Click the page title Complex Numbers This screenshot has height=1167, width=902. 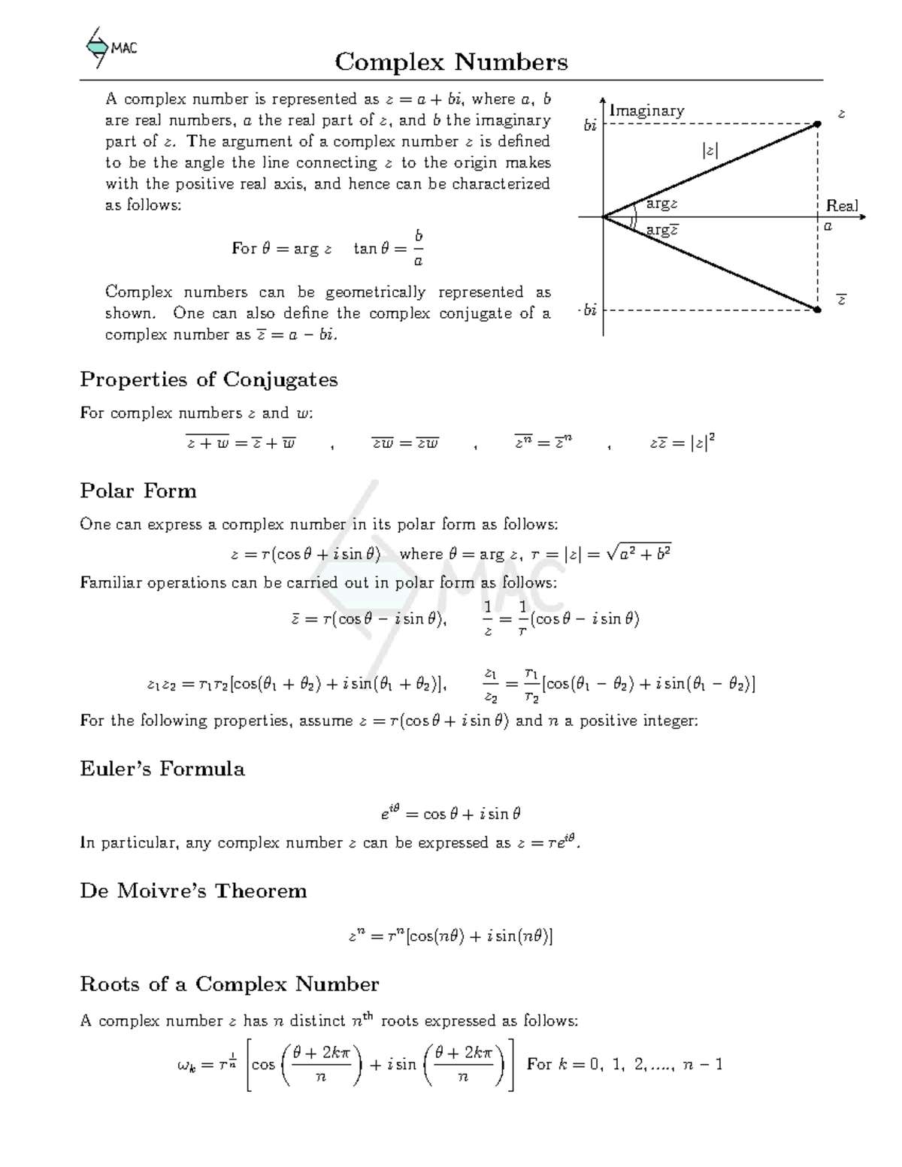(x=451, y=62)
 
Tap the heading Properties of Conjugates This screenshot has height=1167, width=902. (x=208, y=379)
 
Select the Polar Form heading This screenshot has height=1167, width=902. (x=138, y=491)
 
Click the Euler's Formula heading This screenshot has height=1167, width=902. (x=162, y=769)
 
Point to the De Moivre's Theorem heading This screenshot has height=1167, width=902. (x=193, y=890)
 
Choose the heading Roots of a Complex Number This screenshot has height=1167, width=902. (x=229, y=984)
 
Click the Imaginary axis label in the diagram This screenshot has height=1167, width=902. (x=646, y=110)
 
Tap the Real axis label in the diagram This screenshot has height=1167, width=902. (x=841, y=205)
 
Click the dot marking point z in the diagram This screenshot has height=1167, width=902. (x=818, y=124)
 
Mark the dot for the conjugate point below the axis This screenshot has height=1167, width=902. (x=818, y=309)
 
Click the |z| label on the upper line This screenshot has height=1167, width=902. (x=709, y=150)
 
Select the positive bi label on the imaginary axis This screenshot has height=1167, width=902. (x=590, y=125)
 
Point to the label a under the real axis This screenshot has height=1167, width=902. (x=828, y=225)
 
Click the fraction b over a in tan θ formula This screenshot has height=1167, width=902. (x=419, y=249)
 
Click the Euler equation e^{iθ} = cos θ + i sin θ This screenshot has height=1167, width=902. (x=450, y=813)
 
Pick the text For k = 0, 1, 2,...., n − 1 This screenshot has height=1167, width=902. (x=624, y=1063)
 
